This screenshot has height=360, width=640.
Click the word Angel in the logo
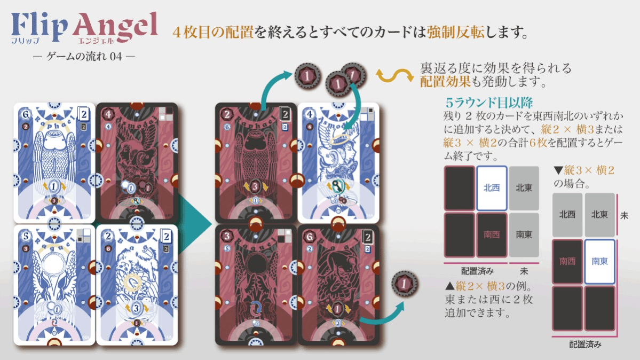point(116,26)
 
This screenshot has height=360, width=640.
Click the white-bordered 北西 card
point(491,188)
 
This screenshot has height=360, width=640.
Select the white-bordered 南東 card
point(599,261)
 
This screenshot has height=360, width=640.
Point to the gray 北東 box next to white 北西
point(524,188)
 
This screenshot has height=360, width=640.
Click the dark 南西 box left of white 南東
point(567,261)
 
